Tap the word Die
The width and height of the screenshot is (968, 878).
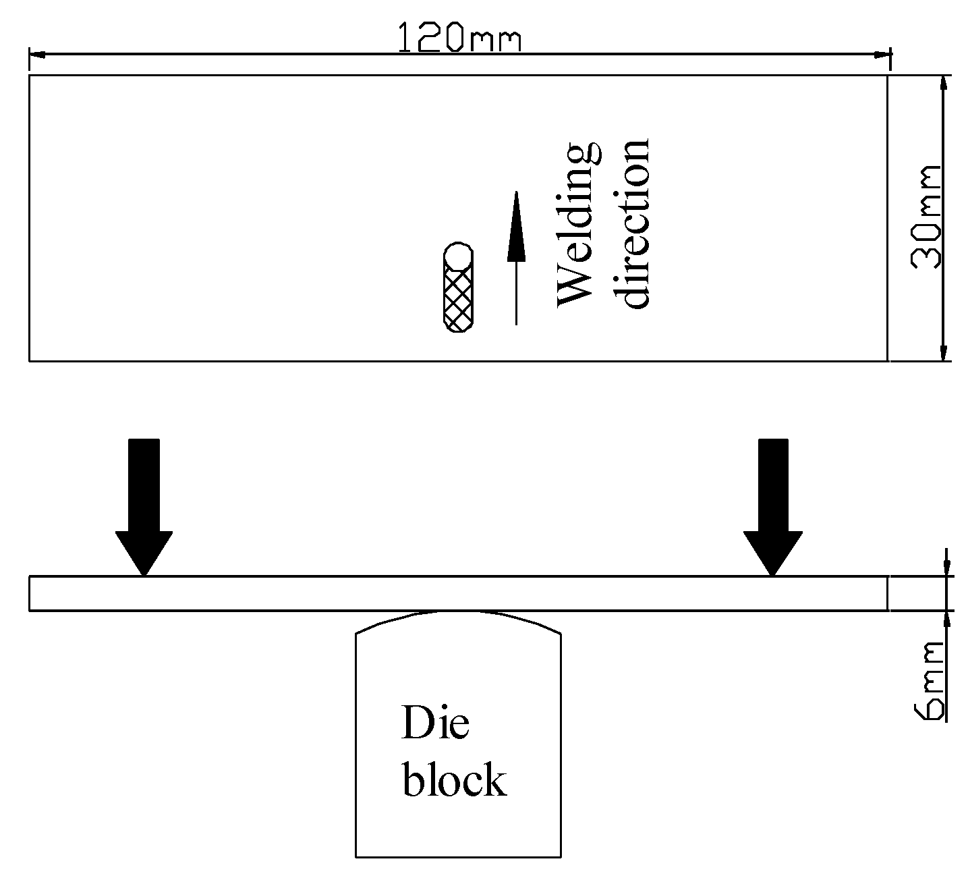point(435,723)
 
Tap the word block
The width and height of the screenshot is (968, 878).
point(454,781)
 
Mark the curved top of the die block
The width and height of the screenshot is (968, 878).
point(458,617)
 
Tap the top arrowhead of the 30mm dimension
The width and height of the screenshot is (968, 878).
point(944,85)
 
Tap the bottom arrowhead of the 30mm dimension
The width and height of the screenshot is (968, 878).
point(944,351)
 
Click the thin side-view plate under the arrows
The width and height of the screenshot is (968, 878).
point(458,593)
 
